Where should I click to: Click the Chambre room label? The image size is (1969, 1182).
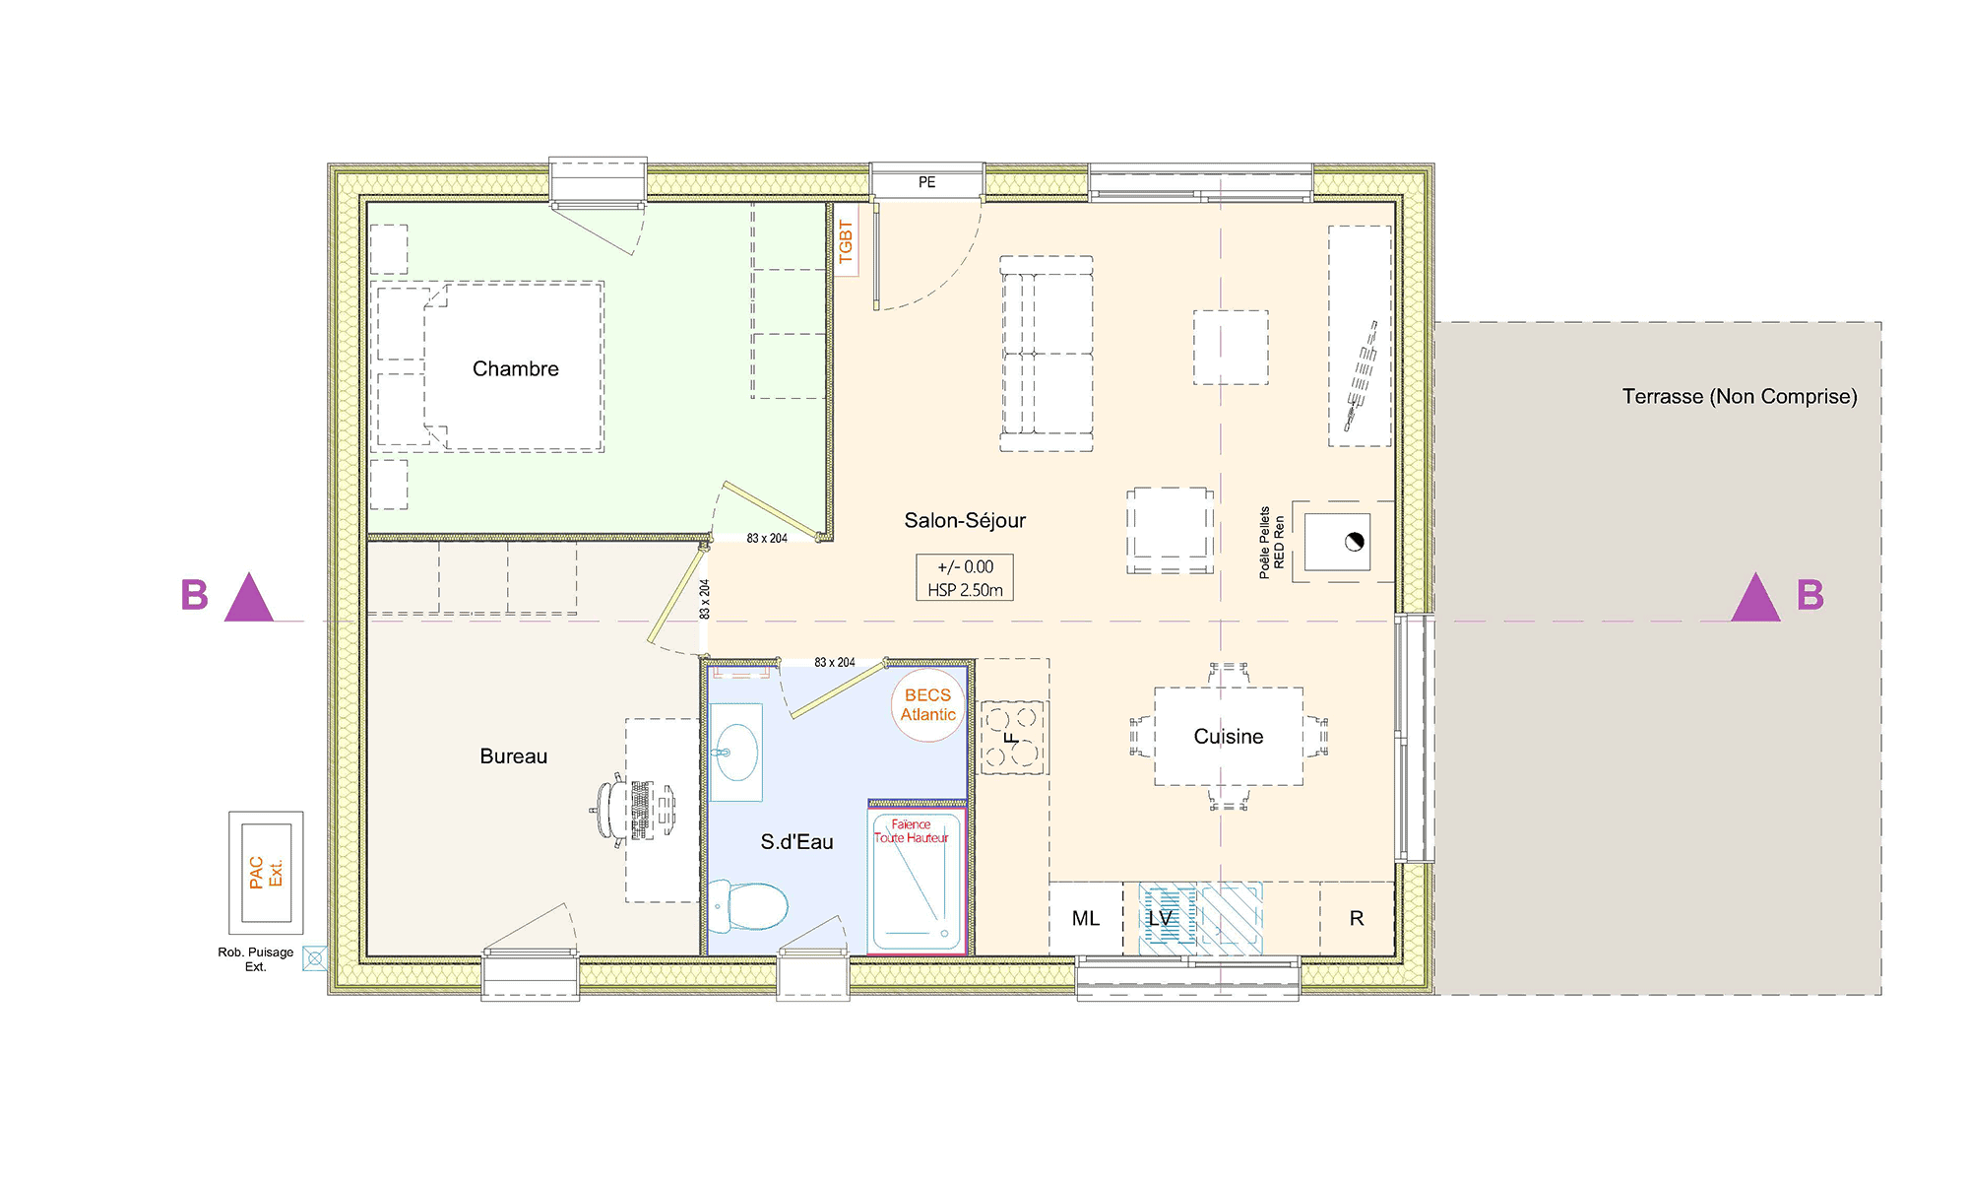[515, 368]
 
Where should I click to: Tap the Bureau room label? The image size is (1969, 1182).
[513, 755]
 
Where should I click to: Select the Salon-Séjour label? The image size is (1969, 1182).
[965, 520]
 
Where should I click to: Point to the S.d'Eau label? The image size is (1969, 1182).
[796, 841]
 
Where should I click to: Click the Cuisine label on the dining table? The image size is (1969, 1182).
[1228, 736]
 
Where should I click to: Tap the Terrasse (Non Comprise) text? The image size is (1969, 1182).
[1740, 396]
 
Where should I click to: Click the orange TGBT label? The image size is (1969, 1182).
[846, 241]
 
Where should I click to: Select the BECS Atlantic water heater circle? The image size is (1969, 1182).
[928, 704]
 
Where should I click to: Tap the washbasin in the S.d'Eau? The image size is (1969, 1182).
[736, 752]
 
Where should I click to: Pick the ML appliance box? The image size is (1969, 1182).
[1086, 918]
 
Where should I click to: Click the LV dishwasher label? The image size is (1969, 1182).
[1161, 918]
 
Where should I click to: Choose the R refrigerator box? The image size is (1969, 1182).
[1357, 918]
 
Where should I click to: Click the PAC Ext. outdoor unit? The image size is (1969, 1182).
[266, 873]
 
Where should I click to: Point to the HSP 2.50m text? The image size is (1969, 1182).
[965, 590]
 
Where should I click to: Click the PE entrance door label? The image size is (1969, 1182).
[926, 182]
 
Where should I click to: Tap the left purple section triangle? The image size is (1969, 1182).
[248, 598]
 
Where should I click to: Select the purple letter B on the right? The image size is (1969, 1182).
[1810, 595]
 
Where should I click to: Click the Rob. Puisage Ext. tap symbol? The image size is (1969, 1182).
[315, 957]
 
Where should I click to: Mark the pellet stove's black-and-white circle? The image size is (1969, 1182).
[1355, 542]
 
